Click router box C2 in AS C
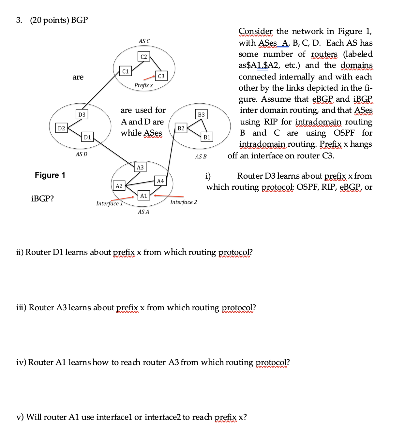pos(143,57)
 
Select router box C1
pos(125,71)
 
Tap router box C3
pos(161,76)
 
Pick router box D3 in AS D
pos(82,114)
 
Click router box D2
pos(61,128)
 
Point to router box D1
pos(87,137)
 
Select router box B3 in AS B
pos(201,114)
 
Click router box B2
pos(181,128)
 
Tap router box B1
pos(207,137)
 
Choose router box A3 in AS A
pos(140,167)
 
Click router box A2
pos(119,186)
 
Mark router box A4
pos(160,181)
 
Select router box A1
pos(143,196)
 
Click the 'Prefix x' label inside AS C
pos(143,85)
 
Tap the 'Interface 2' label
pos(183,202)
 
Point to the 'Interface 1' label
pos(109,203)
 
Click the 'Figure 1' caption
pos(50,175)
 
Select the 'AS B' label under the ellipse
pos(201,156)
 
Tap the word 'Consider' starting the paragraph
pos(255,31)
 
